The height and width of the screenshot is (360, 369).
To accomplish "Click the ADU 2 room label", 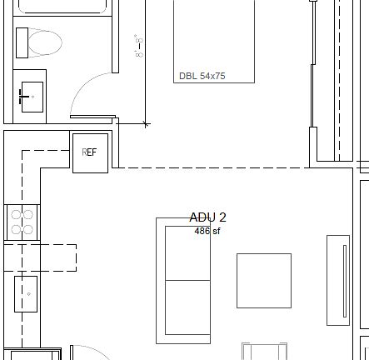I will (207, 217).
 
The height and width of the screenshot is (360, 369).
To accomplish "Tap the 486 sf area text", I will (207, 231).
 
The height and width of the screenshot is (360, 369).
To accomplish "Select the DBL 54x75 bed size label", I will (202, 76).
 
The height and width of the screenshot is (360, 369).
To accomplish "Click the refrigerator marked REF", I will (90, 153).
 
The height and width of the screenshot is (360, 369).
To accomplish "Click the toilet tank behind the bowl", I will (22, 42).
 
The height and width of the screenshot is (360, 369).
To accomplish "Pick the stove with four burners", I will (22, 222).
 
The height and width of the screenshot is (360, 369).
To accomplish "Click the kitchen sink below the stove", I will (26, 294).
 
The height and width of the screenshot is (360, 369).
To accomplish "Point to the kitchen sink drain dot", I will (28, 294).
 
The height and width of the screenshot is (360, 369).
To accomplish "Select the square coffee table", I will (263, 281).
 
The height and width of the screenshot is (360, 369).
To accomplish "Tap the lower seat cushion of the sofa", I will (187, 307).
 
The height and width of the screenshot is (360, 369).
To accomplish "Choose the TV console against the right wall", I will (338, 280).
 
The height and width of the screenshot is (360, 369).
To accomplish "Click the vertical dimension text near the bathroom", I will (138, 45).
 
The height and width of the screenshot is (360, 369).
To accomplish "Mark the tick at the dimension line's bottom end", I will (146, 124).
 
